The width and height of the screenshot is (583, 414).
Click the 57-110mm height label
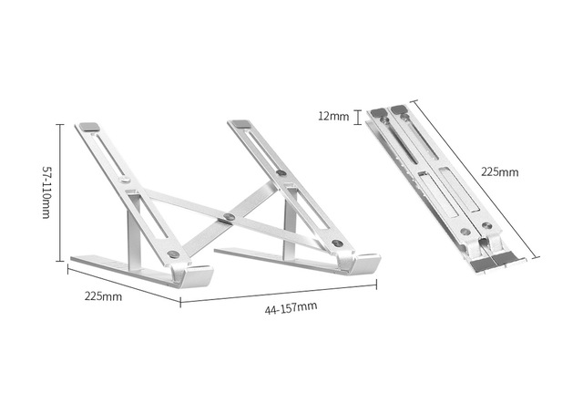click(46, 192)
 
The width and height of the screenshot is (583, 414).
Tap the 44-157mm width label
click(291, 308)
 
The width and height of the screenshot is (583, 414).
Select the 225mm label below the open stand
click(103, 296)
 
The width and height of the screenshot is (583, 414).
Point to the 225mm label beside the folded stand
click(500, 172)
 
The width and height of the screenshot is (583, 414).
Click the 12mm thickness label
click(333, 116)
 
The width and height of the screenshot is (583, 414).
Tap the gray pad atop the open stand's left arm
click(89, 127)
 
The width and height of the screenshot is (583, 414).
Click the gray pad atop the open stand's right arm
click(240, 124)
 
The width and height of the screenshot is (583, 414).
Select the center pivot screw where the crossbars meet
click(229, 217)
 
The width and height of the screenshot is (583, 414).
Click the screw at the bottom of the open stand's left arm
click(173, 254)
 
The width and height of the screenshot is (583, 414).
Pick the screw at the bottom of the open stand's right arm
click(338, 243)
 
